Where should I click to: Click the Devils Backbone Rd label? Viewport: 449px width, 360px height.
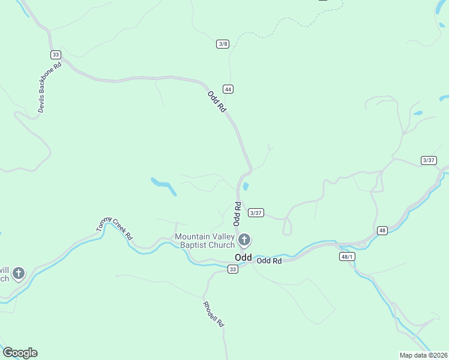pyautogui.click(x=49, y=88)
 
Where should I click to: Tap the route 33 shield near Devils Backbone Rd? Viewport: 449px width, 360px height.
pyautogui.click(x=55, y=54)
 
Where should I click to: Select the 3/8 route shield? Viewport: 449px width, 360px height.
pyautogui.click(x=223, y=44)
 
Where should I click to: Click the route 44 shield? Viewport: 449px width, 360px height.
pyautogui.click(x=228, y=89)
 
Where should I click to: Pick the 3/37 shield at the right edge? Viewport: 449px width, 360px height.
pyautogui.click(x=429, y=160)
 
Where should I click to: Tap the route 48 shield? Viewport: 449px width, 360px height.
pyautogui.click(x=382, y=230)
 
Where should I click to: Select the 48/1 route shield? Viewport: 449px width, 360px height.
pyautogui.click(x=347, y=256)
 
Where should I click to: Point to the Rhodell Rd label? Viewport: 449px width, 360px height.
pyautogui.click(x=214, y=314)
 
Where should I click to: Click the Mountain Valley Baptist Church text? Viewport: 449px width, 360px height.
pyautogui.click(x=204, y=241)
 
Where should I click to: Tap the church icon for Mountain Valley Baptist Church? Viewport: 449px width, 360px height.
pyautogui.click(x=244, y=241)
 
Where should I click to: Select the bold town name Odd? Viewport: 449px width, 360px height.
pyautogui.click(x=243, y=257)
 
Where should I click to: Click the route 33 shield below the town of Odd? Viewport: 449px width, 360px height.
pyautogui.click(x=233, y=269)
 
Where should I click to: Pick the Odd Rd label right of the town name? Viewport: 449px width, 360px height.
pyautogui.click(x=269, y=261)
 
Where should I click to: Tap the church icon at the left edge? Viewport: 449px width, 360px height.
pyautogui.click(x=19, y=274)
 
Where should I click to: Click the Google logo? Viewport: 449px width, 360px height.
pyautogui.click(x=20, y=353)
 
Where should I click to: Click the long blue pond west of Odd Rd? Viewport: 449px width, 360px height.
pyautogui.click(x=164, y=186)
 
